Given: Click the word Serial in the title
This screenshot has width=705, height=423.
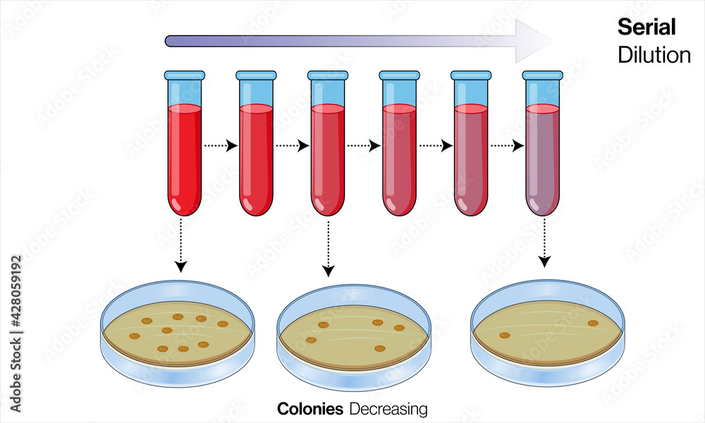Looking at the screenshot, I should point(646,27).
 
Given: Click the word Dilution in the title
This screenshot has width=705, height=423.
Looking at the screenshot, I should point(654,55).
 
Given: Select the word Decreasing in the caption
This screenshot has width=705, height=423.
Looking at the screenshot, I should point(388,409).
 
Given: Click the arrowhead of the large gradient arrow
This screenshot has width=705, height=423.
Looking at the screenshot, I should point(533,41).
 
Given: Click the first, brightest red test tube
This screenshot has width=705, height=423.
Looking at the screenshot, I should point(185,159).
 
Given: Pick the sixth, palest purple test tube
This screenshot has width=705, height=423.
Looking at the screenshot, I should point(542,159).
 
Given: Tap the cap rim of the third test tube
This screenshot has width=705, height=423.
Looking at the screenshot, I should point(328,75).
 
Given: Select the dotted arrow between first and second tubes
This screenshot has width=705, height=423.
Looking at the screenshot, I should point(220,146).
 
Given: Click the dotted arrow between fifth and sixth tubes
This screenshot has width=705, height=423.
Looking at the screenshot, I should point(507,146).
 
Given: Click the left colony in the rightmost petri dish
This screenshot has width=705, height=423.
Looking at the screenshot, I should point(505,335).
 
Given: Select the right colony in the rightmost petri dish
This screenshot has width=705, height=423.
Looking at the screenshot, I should point(593,324).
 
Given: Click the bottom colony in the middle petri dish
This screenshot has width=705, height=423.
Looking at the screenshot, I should point(379,348).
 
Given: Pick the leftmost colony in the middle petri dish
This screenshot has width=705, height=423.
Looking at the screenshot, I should point(311,340).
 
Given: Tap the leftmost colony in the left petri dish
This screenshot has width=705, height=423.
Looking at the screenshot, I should point(135,336).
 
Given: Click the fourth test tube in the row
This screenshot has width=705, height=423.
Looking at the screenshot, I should point(399,159).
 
